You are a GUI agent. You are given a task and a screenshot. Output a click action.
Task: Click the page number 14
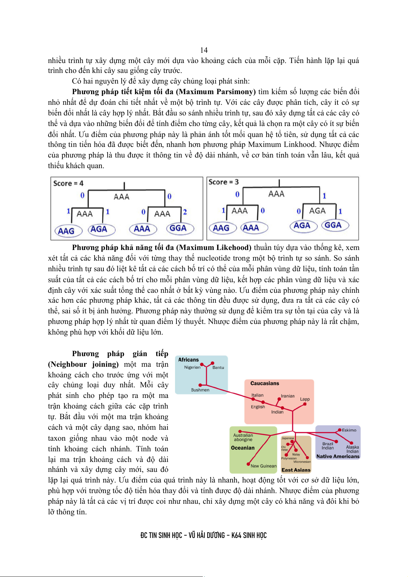[204, 50]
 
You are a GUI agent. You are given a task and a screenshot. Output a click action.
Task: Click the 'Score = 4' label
[68, 183]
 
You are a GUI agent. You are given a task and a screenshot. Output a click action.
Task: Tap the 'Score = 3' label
[223, 182]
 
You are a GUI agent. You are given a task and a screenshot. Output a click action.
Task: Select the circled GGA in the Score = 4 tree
[178, 228]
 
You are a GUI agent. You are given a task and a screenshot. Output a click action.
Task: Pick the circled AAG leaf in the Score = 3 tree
[221, 228]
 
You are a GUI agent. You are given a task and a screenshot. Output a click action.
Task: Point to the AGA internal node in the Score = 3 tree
[317, 211]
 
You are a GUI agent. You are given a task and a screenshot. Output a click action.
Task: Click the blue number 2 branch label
[185, 212]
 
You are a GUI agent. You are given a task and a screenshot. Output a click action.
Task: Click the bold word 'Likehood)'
[233, 247]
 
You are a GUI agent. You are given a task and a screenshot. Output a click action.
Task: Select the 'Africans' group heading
[188, 360]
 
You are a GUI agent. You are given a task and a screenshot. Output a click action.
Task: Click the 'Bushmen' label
[200, 390]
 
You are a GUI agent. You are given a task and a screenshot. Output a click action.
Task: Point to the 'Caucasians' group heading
[264, 383]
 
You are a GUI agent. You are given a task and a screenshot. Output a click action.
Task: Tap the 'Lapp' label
[305, 399]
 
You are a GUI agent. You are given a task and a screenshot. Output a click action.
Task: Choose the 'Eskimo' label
[349, 430]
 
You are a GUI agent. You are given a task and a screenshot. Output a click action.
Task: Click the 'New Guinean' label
[263, 466]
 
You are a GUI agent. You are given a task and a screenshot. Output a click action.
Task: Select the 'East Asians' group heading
[296, 470]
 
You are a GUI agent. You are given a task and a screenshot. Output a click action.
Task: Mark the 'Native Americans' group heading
[338, 456]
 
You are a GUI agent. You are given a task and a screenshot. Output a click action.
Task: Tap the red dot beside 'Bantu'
[213, 363]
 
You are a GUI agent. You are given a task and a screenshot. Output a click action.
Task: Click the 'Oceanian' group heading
[243, 448]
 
